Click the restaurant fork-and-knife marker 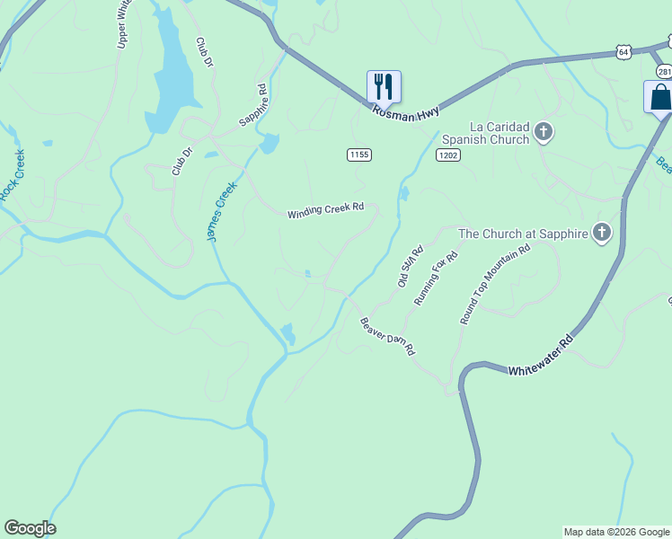tap(384, 87)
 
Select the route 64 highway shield tap(623, 52)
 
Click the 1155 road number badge tap(358, 155)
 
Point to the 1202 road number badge tap(448, 155)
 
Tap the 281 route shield tap(663, 71)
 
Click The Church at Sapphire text tap(523, 234)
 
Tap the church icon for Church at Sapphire tap(602, 234)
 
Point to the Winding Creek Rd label tap(325, 211)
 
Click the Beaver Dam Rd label tap(387, 336)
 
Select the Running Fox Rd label tap(436, 278)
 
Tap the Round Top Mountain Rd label tap(495, 283)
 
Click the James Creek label tap(221, 211)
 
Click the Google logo tap(30, 528)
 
